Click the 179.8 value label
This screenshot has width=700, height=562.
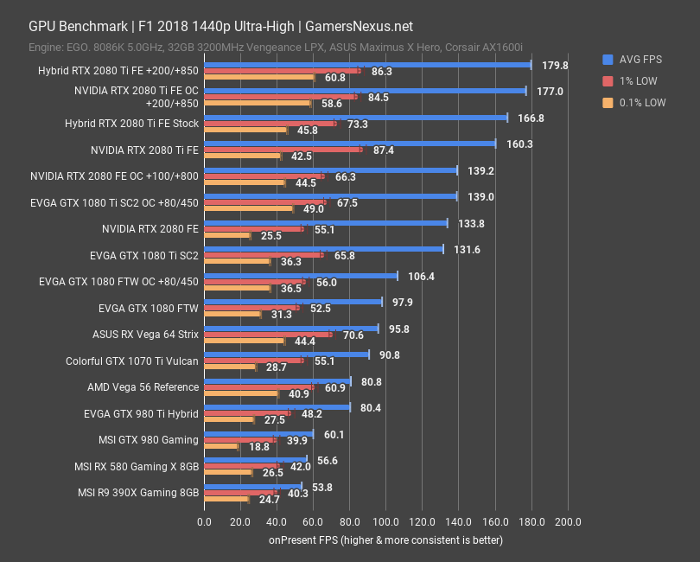tap(554, 65)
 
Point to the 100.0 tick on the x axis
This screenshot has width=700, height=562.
tap(385, 522)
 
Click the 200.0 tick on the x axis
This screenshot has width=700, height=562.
tap(567, 522)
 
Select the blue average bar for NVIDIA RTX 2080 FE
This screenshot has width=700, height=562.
tap(325, 223)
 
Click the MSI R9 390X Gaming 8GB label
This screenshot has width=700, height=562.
tap(138, 492)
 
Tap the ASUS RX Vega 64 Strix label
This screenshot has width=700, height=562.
tap(145, 334)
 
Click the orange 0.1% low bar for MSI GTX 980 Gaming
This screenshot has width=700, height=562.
tap(220, 446)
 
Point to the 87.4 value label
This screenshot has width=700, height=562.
tap(383, 150)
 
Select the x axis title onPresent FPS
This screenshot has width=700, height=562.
tap(385, 540)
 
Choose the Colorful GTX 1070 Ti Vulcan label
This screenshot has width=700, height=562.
tap(132, 361)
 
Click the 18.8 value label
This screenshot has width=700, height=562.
tap(260, 446)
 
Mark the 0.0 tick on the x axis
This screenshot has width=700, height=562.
tap(204, 522)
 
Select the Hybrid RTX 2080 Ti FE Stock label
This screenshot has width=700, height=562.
tap(131, 124)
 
